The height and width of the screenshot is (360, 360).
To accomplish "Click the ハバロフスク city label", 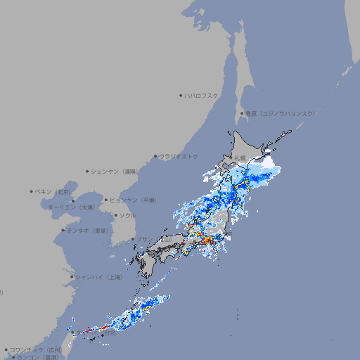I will pyautogui.click(x=202, y=95).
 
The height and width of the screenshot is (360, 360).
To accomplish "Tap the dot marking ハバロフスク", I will pyautogui.click(x=181, y=95).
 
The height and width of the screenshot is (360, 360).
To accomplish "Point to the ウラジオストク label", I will pyautogui.click(x=179, y=156).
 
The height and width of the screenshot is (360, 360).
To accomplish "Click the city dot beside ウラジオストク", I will pyautogui.click(x=155, y=156).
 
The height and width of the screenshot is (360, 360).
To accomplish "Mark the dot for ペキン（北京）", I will pyautogui.click(x=32, y=191).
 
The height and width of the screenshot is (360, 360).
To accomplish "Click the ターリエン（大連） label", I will pyautogui.click(x=71, y=207).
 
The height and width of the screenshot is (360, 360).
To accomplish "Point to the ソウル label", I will pyautogui.click(x=127, y=215).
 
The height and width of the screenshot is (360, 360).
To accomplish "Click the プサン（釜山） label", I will pyautogui.click(x=155, y=239).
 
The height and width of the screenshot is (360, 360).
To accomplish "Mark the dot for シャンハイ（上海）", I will pyautogui.click(x=72, y=277).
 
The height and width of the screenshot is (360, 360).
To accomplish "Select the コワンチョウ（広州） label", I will pyautogui.click(x=36, y=349).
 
